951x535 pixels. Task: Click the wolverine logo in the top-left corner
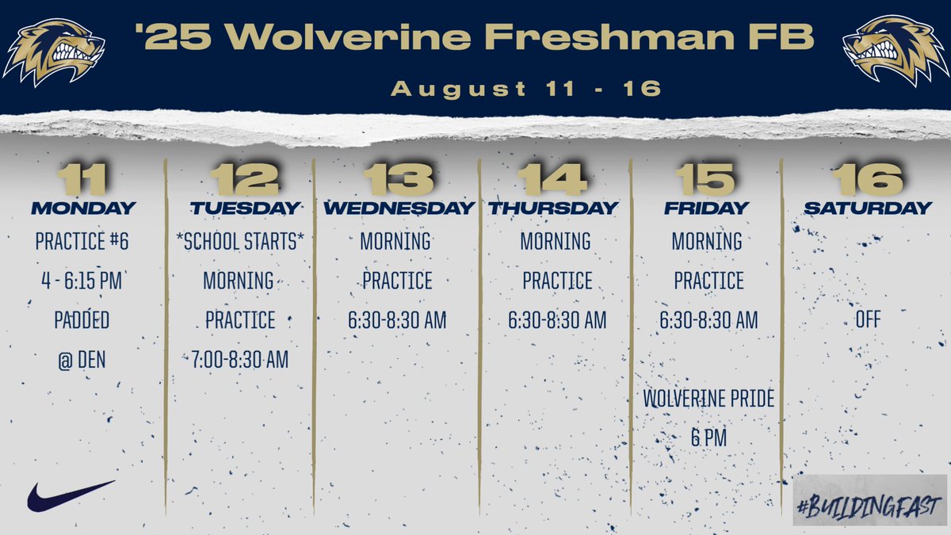point(53,52)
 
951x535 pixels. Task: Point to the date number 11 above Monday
point(82,179)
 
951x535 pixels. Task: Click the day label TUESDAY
point(245,208)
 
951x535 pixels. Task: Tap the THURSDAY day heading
point(553,208)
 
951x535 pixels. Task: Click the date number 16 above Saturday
point(868,179)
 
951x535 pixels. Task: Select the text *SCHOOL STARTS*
point(240,242)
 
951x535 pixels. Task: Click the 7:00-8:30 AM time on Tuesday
point(240,360)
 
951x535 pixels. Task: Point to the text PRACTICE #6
point(82,242)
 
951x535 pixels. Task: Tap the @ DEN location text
point(82,360)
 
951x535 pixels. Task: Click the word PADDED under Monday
point(82,320)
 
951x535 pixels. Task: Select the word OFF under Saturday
point(868,320)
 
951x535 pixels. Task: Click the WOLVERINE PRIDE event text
point(708,399)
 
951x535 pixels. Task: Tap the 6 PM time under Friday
point(708,438)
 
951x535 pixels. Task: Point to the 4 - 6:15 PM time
point(82,281)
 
